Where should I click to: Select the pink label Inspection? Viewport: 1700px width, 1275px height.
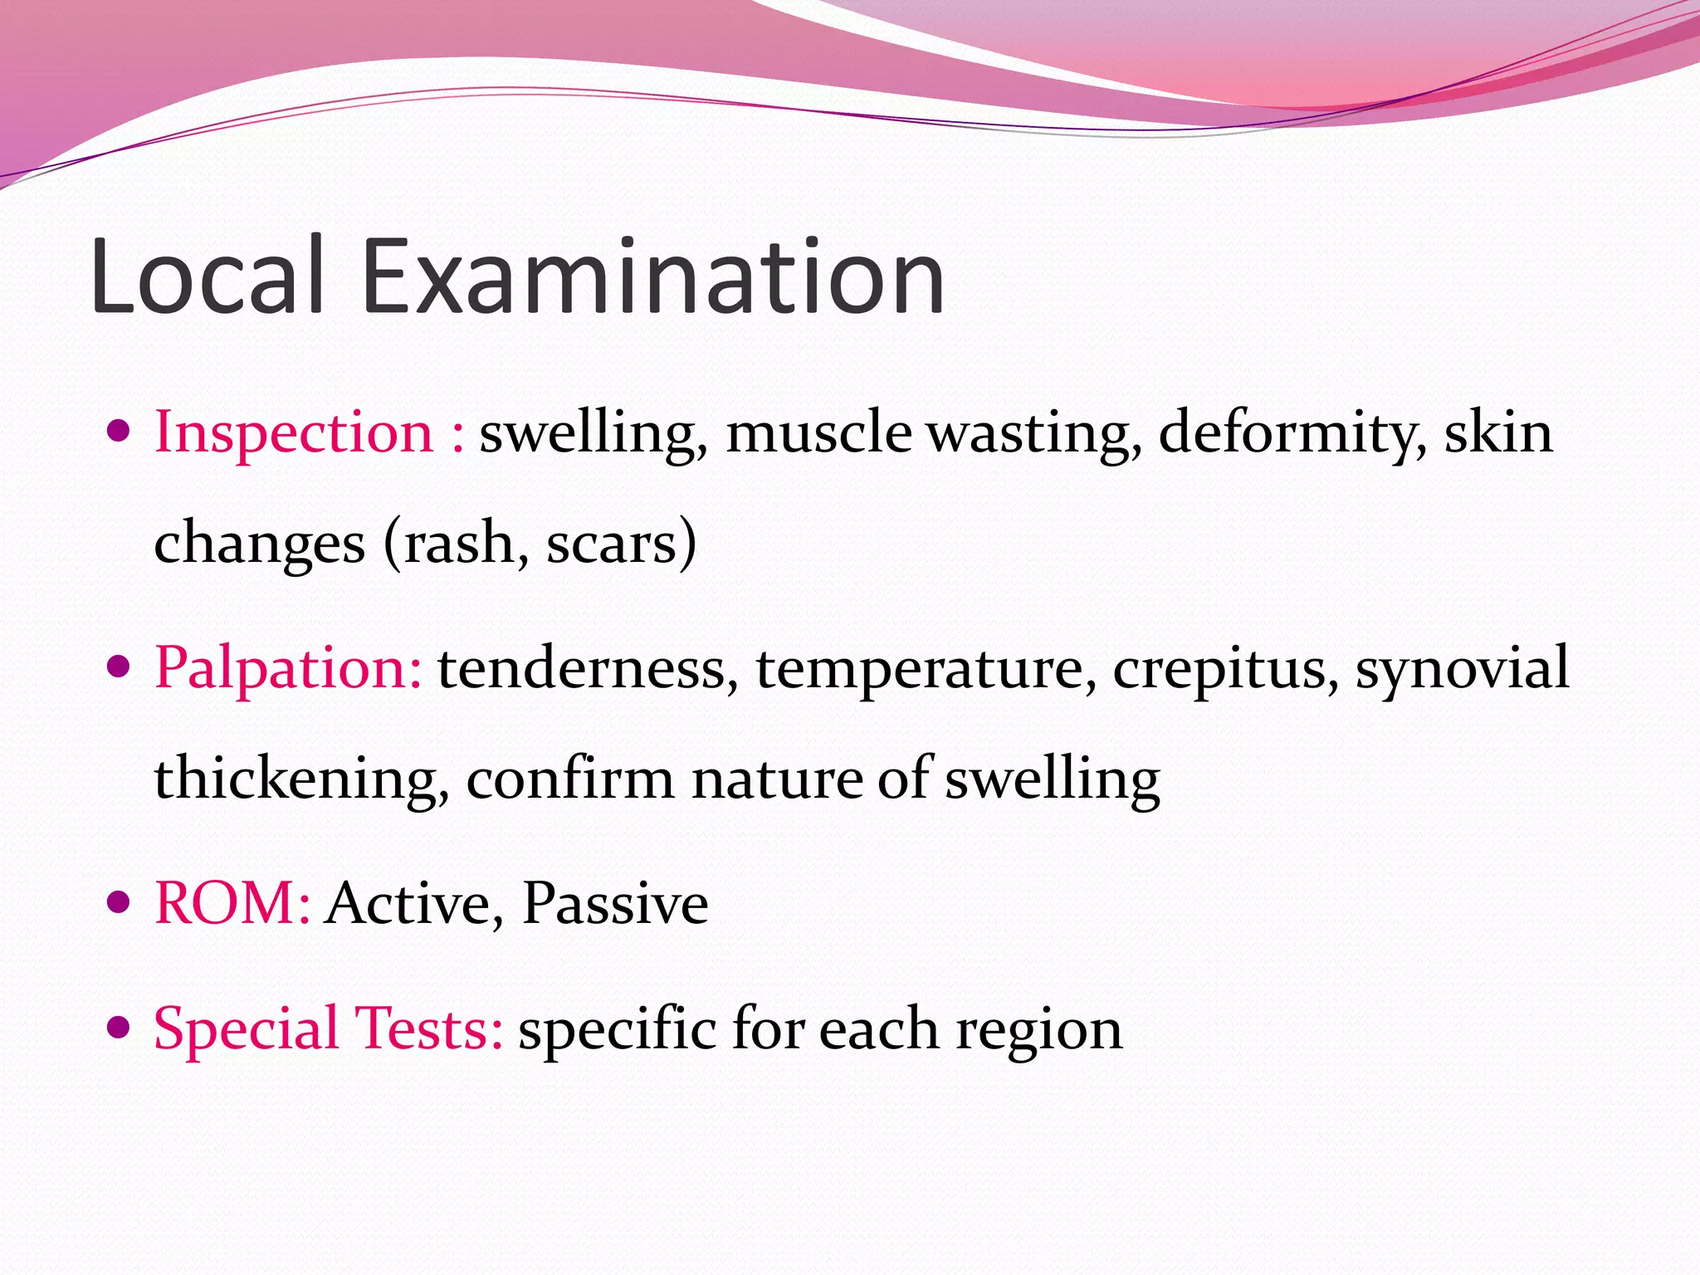[x=294, y=432]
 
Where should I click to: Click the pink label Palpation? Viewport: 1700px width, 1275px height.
[x=288, y=667]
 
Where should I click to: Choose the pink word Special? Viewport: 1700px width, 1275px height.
[x=246, y=1028]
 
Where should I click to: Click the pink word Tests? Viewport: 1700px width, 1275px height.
[x=428, y=1028]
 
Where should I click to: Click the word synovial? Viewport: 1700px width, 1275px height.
[x=1462, y=667]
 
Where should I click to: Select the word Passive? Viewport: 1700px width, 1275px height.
[x=615, y=902]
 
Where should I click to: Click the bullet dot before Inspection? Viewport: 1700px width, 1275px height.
[x=120, y=432]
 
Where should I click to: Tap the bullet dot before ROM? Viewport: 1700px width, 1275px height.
[x=120, y=902]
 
